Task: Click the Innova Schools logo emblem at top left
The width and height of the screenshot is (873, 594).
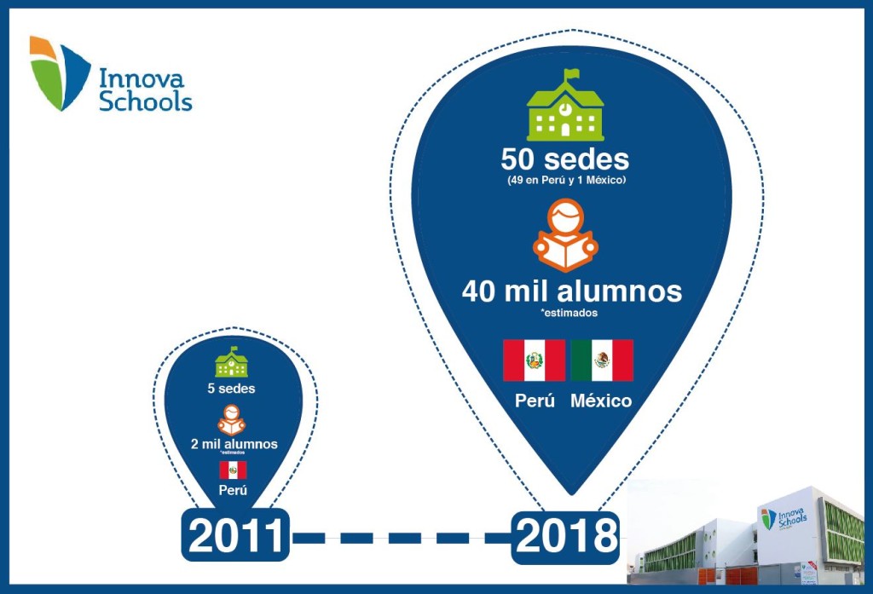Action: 58,73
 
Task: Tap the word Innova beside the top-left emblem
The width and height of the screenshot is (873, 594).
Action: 142,78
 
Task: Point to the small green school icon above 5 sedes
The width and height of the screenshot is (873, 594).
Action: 231,362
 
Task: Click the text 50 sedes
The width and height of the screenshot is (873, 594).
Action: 564,159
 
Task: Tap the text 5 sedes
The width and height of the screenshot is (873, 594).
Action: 231,389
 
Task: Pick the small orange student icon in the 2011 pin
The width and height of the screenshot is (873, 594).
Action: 232,419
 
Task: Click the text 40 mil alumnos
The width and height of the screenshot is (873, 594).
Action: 571,291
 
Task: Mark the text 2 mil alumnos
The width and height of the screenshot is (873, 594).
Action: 234,444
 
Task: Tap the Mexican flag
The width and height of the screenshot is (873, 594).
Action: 602,360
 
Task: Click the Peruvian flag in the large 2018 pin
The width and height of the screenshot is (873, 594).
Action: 534,360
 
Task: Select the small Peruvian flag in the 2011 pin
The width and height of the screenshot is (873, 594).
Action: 233,470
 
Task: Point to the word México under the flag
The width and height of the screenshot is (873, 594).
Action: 602,400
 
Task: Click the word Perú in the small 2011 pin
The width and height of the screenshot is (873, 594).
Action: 233,491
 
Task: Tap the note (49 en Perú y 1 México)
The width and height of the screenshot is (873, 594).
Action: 564,181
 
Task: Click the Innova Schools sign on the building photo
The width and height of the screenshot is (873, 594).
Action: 783,518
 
